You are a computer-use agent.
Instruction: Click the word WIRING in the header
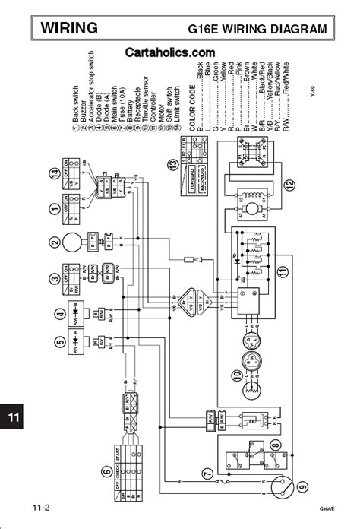[69, 29]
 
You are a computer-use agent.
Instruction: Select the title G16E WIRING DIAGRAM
[257, 30]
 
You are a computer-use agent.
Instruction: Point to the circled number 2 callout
[54, 245]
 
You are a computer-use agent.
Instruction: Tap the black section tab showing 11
[14, 417]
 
